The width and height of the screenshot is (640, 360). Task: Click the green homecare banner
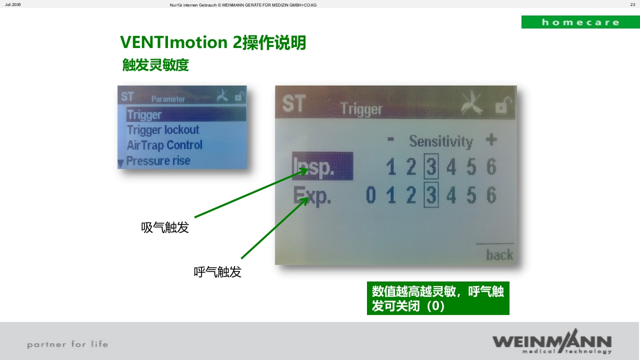coord(580,22)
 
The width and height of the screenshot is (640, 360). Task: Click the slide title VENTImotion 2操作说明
coord(213,43)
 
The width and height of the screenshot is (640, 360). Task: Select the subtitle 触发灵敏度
coord(155,65)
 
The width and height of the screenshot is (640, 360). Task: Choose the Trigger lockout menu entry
coord(163,130)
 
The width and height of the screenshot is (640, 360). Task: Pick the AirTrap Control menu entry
coord(164,145)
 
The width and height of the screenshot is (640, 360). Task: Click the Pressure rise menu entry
coord(158,161)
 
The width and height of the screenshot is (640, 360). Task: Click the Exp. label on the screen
coord(312,195)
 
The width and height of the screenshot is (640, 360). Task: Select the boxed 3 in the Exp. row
coord(431,195)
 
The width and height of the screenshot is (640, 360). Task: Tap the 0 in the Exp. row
coord(370,195)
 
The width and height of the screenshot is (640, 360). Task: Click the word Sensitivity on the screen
coord(440,141)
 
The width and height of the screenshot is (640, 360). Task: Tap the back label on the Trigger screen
coord(499,255)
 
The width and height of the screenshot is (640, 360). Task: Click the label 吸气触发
coord(165,228)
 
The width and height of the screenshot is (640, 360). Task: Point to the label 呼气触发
coord(217,272)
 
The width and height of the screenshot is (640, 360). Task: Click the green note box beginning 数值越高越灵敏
coord(438,298)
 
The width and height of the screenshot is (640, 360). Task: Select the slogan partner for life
coord(67,344)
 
